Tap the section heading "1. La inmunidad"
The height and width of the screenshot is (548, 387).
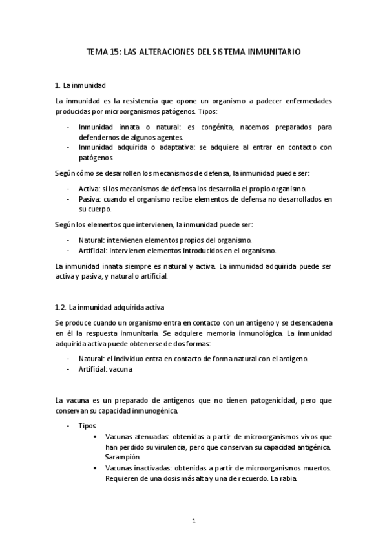pos(81,85)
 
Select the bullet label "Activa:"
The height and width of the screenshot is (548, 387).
pos(89,188)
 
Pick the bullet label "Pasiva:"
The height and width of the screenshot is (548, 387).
pos(90,199)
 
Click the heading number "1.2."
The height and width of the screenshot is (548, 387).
pos(61,306)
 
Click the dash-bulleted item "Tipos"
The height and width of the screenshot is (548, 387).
pos(87,426)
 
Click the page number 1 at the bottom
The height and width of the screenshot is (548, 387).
pos(194,520)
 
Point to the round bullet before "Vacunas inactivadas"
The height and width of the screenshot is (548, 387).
pos(96,468)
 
